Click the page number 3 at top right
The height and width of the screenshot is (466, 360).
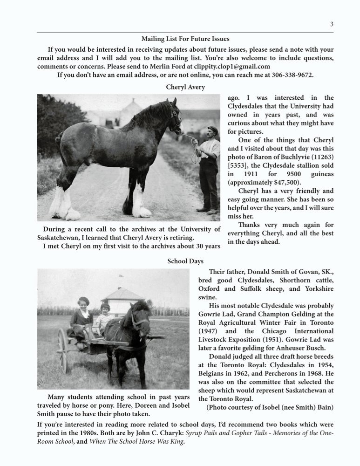tap(332, 24)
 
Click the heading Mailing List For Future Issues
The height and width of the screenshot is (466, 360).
tap(185, 39)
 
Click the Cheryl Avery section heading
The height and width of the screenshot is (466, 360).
tap(185, 87)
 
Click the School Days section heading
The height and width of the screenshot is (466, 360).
tap(185, 261)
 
